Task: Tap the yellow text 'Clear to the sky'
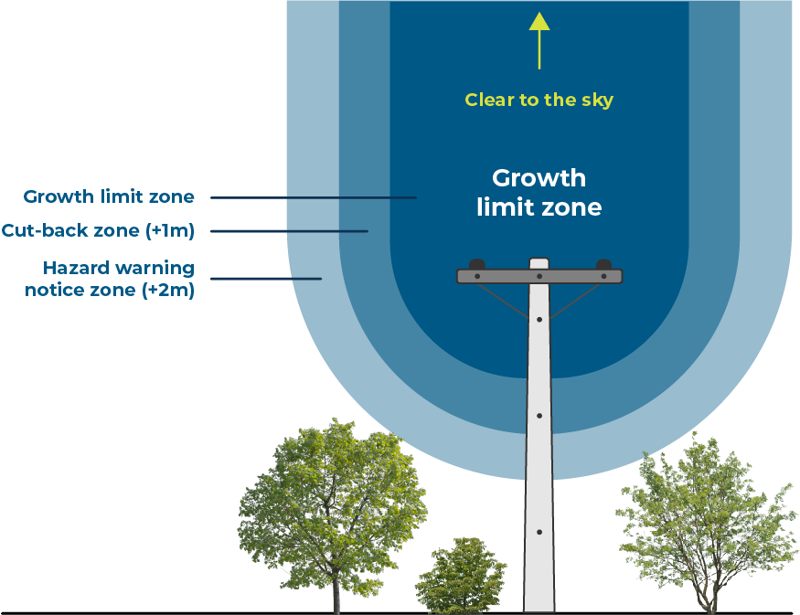[x=539, y=100]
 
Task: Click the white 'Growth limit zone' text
[x=539, y=193]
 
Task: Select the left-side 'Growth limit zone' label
[x=109, y=196]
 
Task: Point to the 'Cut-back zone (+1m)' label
[x=98, y=230]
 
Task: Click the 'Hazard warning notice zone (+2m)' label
[x=110, y=279]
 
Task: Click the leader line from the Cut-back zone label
[x=289, y=231]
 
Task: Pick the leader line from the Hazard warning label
[x=266, y=279]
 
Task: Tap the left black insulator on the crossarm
[x=477, y=265]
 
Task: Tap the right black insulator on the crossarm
[x=603, y=265]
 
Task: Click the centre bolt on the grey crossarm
[x=539, y=276]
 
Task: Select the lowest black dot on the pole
[x=539, y=532]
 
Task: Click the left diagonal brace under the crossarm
[x=503, y=301]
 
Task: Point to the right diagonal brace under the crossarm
[x=576, y=301]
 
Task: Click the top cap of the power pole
[x=539, y=263]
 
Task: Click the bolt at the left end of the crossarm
[x=477, y=276]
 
